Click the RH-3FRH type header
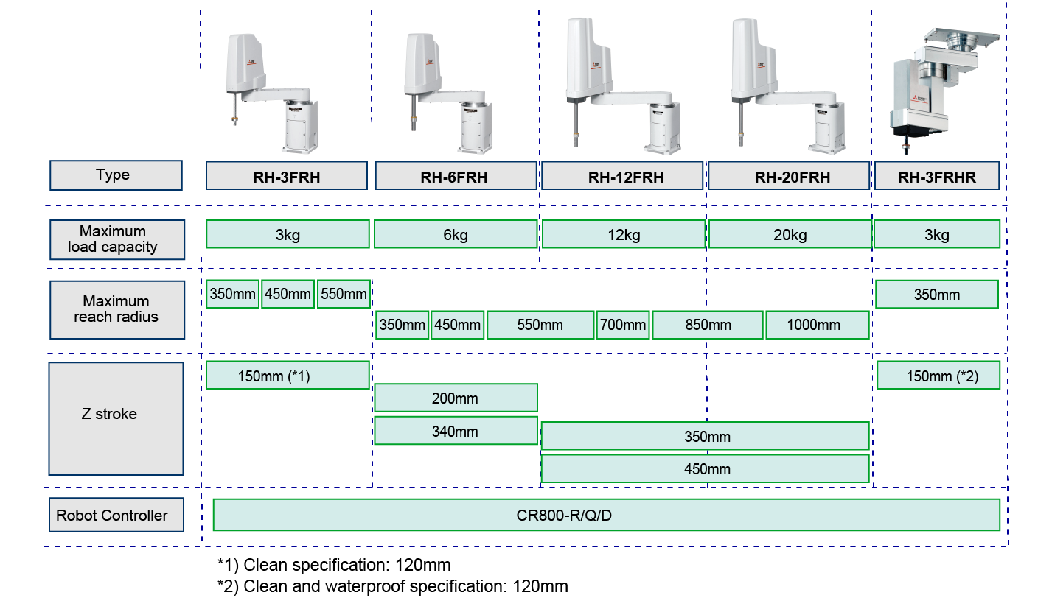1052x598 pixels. [x=287, y=176]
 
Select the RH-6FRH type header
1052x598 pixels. [x=455, y=176]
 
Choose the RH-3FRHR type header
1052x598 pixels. [x=937, y=176]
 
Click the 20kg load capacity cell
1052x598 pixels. [x=790, y=234]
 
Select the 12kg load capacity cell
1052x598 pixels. [x=624, y=234]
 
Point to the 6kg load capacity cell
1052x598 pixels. [x=455, y=234]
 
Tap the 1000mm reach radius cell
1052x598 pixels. [x=818, y=325]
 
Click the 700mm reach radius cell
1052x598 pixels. [x=623, y=325]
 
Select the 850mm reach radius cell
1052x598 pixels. [x=707, y=325]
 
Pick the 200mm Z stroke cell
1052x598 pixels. [x=455, y=398]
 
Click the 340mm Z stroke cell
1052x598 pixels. [x=455, y=432]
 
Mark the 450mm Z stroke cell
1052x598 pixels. [x=706, y=469]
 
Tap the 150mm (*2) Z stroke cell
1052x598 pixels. [x=938, y=376]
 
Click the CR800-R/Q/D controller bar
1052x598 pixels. [x=606, y=515]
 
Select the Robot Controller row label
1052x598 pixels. [x=116, y=516]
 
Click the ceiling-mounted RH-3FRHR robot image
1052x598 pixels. [x=940, y=88]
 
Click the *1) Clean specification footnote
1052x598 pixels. [x=334, y=565]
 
